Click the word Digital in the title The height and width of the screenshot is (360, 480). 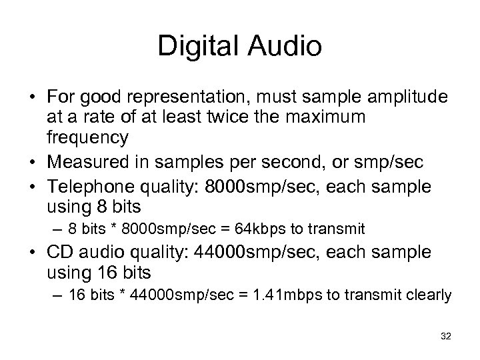coord(199,47)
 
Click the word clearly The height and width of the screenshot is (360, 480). coord(430,295)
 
